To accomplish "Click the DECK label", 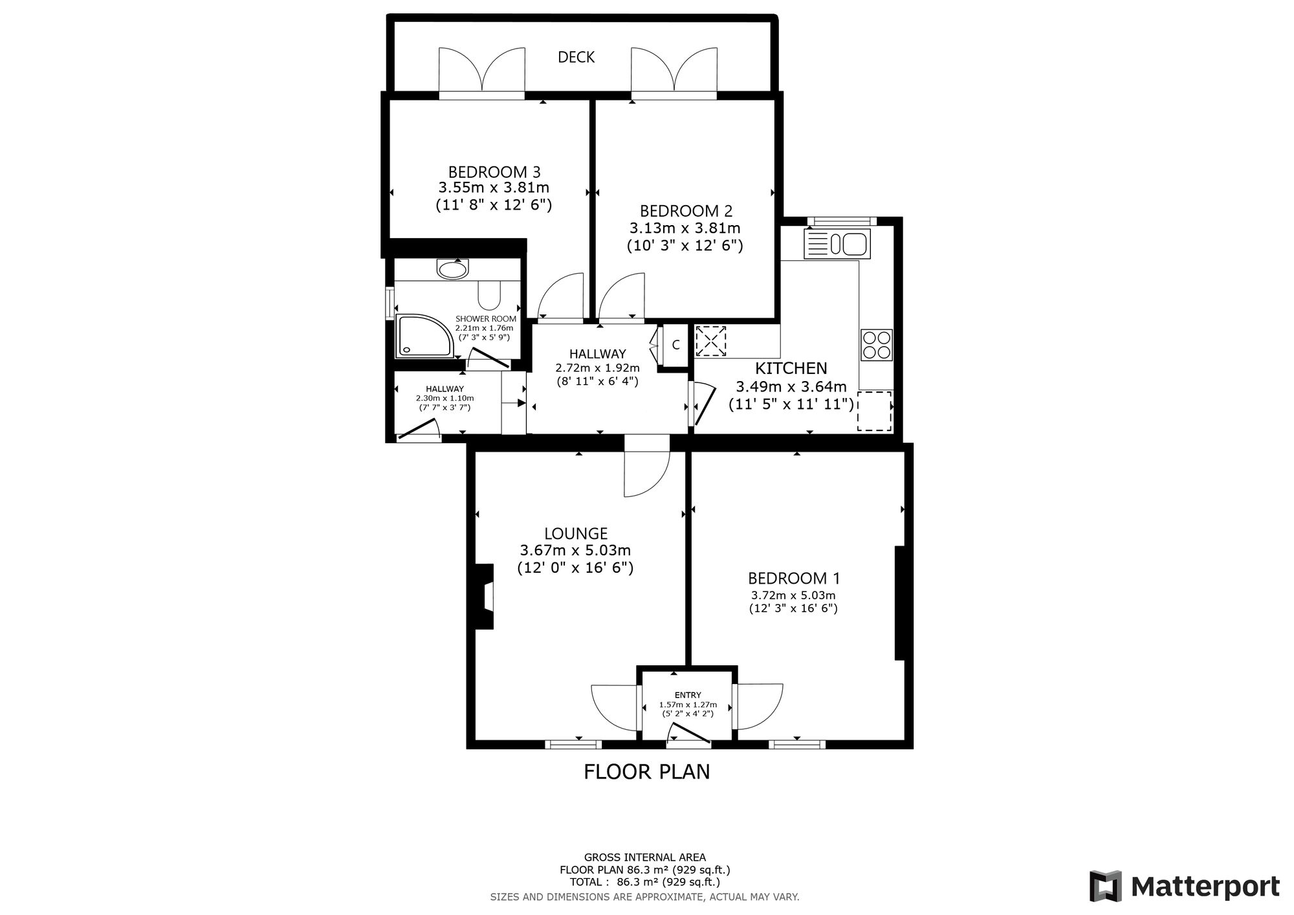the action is [576, 58].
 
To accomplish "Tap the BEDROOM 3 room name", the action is [494, 172].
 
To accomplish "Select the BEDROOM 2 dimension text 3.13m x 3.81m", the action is [685, 228].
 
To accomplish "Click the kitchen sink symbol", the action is [837, 244].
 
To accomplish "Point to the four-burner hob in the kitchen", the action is [877, 344].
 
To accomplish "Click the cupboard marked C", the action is [675, 346].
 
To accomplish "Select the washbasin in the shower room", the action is [452, 269].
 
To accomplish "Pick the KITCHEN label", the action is [791, 368].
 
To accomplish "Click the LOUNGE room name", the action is [576, 534].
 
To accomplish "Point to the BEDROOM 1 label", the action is [794, 579].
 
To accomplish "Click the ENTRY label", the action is [688, 696].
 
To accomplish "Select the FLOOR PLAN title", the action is [647, 772].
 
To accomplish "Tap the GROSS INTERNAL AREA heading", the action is [645, 857].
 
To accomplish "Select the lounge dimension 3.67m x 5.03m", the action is [575, 551].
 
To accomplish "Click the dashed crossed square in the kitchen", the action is [710, 341].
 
